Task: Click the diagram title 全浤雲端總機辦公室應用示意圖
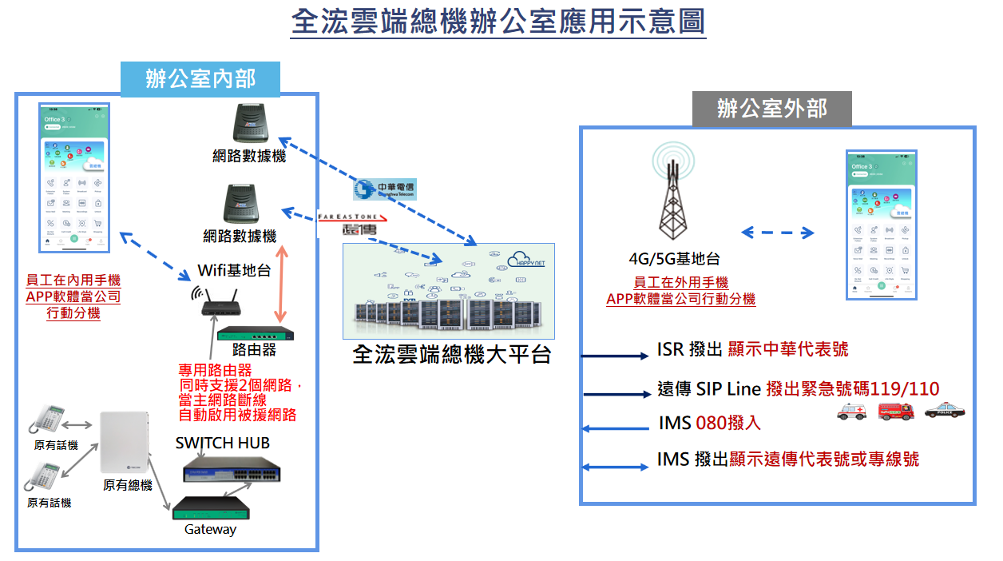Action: (498, 22)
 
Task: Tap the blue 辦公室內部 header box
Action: (200, 78)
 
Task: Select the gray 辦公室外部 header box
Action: (771, 108)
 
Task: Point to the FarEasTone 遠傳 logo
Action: (351, 224)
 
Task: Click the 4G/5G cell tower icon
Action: (673, 195)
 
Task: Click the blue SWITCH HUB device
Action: (222, 471)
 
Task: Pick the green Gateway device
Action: (211, 508)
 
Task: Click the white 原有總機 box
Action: (125, 442)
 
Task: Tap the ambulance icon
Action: (851, 412)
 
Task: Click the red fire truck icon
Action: (896, 411)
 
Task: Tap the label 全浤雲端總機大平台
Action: (452, 355)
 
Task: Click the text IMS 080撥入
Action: (710, 423)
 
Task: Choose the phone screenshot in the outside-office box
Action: (882, 225)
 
